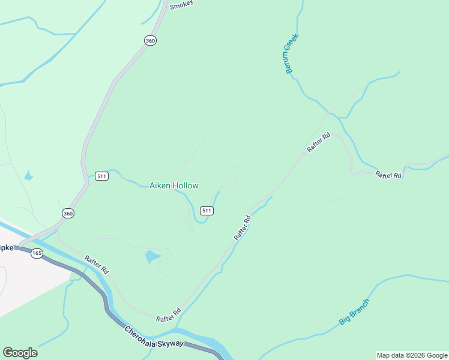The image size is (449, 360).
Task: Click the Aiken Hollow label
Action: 173,186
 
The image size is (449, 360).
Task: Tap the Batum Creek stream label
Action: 292,54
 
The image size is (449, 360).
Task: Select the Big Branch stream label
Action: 354,312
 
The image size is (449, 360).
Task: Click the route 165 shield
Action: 37,253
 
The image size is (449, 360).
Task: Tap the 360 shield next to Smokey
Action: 150,40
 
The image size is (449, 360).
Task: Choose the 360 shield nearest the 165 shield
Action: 68,213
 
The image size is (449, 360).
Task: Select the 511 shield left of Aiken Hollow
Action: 101,176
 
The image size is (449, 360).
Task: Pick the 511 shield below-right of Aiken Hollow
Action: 206,211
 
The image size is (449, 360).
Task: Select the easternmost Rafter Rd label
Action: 388,175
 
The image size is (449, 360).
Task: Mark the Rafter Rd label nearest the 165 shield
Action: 96,265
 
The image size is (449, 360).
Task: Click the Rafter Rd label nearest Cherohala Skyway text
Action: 168,316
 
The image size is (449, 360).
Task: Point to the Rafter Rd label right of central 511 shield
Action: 242,228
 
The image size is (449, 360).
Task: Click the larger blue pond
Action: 152,257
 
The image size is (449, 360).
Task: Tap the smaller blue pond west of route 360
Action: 28,176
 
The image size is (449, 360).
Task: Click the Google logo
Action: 20,352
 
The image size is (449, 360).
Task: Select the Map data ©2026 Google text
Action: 412,355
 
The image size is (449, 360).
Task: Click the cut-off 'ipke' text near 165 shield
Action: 7,247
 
